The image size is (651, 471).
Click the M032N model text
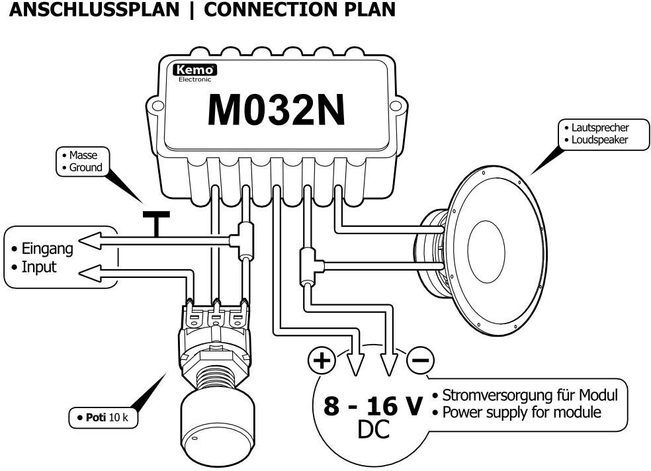tap(277, 110)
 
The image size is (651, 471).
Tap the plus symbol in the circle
tap(322, 360)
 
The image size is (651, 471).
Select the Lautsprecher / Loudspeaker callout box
tap(603, 134)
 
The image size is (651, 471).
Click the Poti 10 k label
tap(103, 417)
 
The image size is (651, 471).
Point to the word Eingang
tap(47, 249)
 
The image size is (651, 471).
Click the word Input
tap(38, 267)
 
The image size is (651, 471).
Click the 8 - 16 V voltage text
tap(373, 406)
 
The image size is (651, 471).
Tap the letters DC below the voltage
tap(373, 429)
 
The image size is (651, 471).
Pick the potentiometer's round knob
tap(217, 426)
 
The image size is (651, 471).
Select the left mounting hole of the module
tap(157, 105)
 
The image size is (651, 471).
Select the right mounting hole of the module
tap(397, 105)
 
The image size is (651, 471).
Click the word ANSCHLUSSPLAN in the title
tap(94, 9)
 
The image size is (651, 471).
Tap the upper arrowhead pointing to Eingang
tap(90, 241)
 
